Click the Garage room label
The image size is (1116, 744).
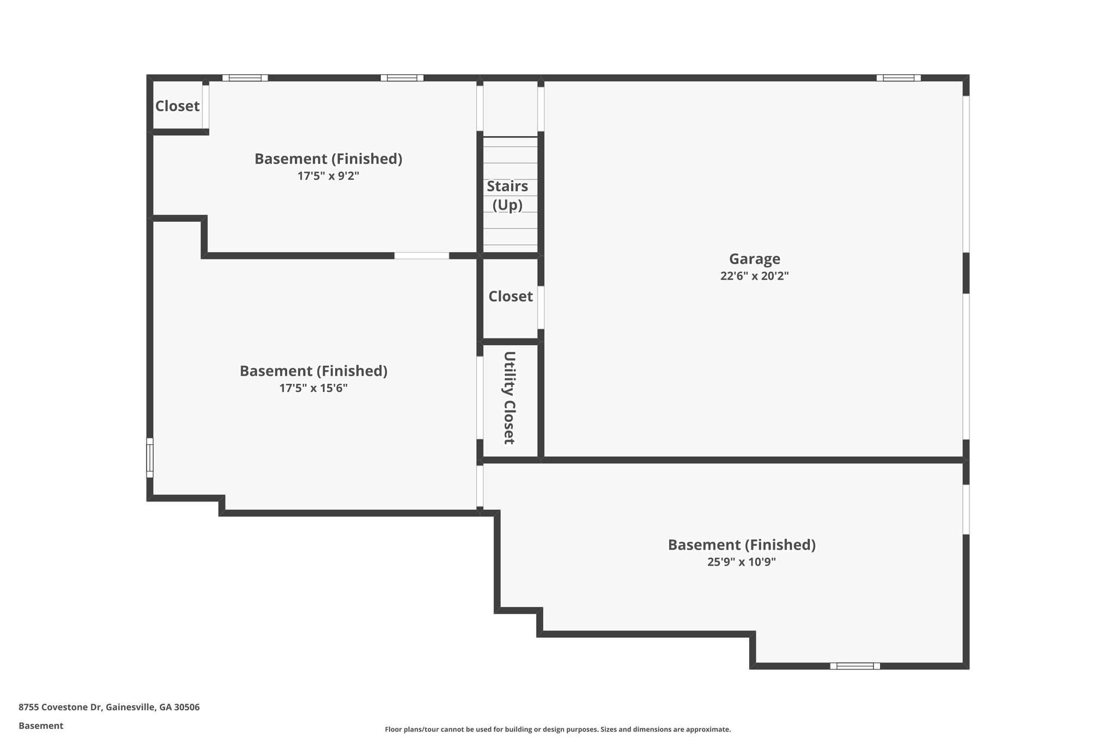coord(754,259)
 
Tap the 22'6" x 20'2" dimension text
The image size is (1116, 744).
coord(754,276)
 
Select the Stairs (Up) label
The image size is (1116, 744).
coord(507,195)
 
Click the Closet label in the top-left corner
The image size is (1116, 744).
coord(177,106)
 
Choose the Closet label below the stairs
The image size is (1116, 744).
coord(510,297)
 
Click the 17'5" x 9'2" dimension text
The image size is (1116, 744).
coord(328,177)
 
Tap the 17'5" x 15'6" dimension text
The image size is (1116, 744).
coord(313,389)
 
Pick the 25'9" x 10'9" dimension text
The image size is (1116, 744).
coord(741,562)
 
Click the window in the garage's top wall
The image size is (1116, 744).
coord(898,78)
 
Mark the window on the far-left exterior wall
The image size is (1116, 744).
coord(150,458)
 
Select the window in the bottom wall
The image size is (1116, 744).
coord(854,666)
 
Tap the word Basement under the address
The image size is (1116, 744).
coord(41,726)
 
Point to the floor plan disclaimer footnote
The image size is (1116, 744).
coord(557,729)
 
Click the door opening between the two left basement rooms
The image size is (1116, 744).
coord(421,256)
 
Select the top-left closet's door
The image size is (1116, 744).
coord(205,106)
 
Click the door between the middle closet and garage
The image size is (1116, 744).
coord(541,307)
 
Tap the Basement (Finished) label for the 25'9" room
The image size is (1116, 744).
coord(741,545)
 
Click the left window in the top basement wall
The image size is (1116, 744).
coord(245,78)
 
